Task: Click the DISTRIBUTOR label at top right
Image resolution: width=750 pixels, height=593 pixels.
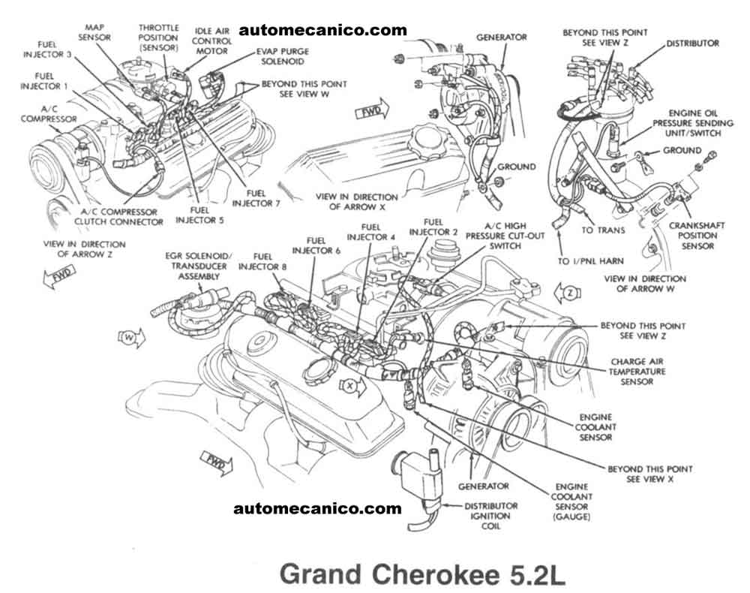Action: coord(692,43)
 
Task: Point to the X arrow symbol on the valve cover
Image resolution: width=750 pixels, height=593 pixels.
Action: coord(350,387)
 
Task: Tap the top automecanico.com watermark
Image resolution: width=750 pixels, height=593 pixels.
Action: coord(323,30)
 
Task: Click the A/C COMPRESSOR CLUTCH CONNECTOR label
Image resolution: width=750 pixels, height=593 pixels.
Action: coord(121,216)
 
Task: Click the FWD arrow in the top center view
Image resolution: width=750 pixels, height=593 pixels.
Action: coord(369,113)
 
